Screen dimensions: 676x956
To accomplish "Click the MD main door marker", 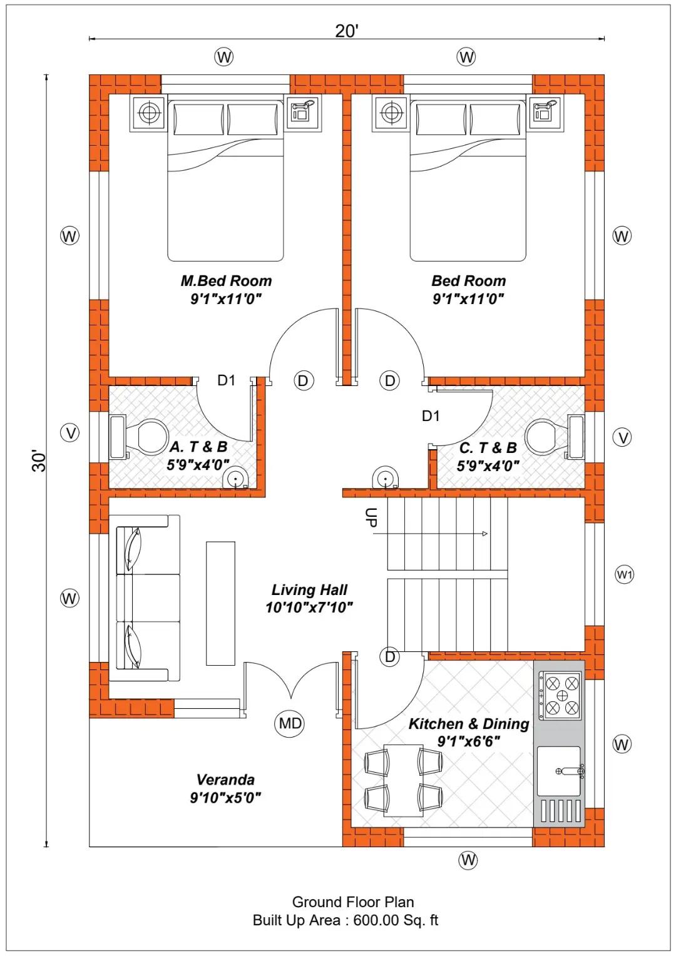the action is (290, 723).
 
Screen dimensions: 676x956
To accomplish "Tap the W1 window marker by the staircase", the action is (624, 575).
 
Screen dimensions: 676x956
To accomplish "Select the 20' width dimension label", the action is (346, 31).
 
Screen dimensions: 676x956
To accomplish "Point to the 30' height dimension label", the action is (38, 460).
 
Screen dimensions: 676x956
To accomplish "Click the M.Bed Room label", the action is (226, 281).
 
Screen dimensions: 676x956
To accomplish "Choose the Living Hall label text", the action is (309, 590).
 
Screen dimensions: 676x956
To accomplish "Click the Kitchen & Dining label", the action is (469, 724).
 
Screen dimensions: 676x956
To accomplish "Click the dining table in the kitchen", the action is (403, 781).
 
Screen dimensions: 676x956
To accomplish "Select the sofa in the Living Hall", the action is (145, 598).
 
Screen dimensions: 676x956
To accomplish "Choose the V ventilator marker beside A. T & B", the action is (71, 434).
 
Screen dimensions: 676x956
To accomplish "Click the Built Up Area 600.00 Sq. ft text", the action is (346, 920).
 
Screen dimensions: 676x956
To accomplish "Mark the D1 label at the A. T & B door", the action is (227, 380).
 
